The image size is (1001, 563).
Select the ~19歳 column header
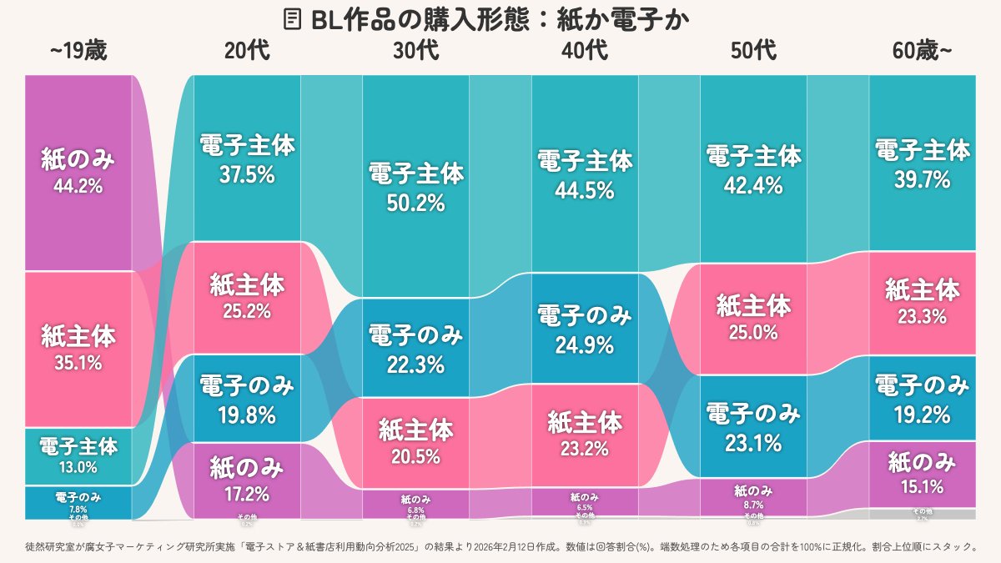pos(78,52)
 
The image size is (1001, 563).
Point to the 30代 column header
pos(415,52)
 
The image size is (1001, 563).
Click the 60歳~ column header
pos(922,52)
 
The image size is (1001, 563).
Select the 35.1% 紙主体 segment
pos(78,349)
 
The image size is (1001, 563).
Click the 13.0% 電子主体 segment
pos(78,455)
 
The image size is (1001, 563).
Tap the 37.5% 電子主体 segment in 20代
pos(247,158)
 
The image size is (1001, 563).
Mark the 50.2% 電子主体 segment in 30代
pos(415,187)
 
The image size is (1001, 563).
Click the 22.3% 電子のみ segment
pos(415,349)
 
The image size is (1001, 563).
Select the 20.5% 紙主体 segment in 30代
pos(415,442)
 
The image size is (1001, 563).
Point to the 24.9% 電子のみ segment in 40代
pos(585,329)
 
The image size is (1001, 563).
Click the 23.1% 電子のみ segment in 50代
pos(753,426)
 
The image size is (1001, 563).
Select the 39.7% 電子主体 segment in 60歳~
pos(922,163)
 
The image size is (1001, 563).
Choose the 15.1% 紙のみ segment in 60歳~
pos(922,474)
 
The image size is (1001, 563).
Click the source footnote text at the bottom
pos(500,547)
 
